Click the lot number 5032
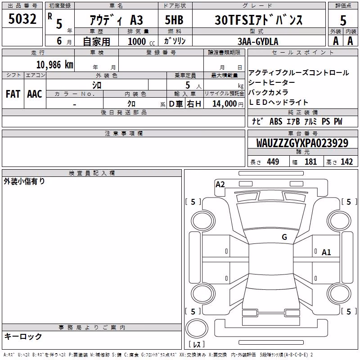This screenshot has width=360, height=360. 22,19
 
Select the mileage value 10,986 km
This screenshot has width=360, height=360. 54,65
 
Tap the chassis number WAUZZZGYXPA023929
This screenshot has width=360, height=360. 302,143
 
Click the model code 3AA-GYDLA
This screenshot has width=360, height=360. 258,41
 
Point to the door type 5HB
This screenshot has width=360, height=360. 174,20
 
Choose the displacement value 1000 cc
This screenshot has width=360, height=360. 141,41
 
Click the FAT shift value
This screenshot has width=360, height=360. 13,94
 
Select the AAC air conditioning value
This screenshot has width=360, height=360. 35,94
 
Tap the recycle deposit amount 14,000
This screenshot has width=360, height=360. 225,104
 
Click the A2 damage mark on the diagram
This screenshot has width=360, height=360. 220,184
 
